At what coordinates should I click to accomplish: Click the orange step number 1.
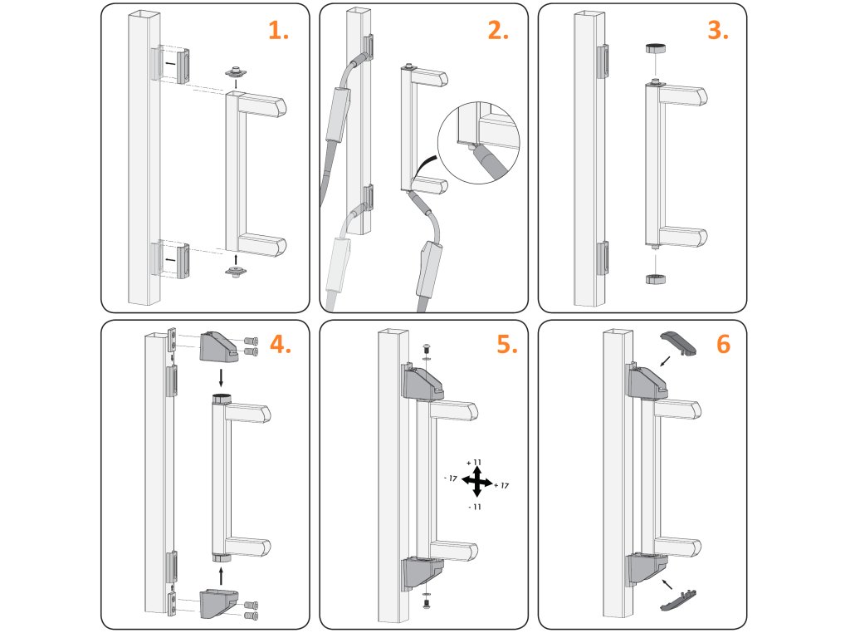(x=277, y=31)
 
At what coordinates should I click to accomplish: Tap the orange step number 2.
(x=497, y=31)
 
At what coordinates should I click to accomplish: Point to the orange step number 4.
(x=279, y=345)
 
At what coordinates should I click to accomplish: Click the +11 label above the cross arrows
(x=474, y=462)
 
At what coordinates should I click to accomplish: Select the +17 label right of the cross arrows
(x=501, y=485)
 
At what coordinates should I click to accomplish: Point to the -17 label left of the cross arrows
(x=452, y=478)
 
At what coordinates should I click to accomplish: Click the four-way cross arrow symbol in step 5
(x=476, y=482)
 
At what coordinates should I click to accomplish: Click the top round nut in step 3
(x=656, y=49)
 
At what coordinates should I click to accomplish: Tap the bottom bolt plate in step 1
(x=237, y=271)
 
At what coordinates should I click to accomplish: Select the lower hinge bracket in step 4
(x=221, y=605)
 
